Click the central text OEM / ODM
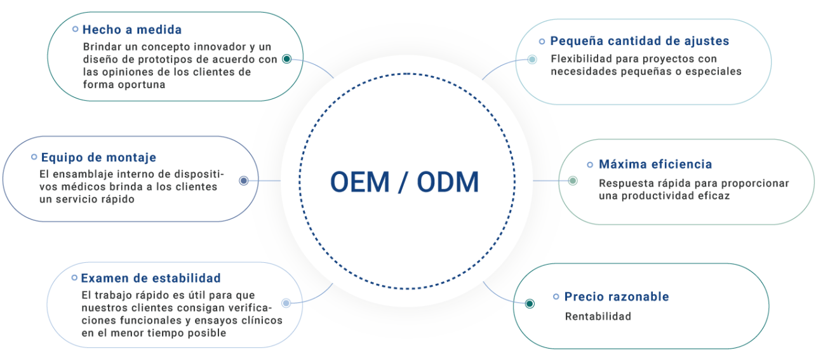click(405, 182)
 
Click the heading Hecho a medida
click(132, 29)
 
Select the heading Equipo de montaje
click(98, 157)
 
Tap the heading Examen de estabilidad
click(150, 278)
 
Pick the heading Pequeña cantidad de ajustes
click(639, 41)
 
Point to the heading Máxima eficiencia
click(655, 164)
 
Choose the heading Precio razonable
click(617, 297)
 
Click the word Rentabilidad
click(598, 316)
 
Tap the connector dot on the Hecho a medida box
click(287, 59)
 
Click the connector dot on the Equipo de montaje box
click(244, 180)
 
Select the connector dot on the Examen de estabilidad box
click(286, 303)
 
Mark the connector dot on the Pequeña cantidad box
click(532, 60)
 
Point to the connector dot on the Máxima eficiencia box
click(573, 180)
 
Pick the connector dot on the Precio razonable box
click(530, 303)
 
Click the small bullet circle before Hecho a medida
click(76, 29)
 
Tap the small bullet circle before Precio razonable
click(556, 297)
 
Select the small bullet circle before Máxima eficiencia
click(590, 164)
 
